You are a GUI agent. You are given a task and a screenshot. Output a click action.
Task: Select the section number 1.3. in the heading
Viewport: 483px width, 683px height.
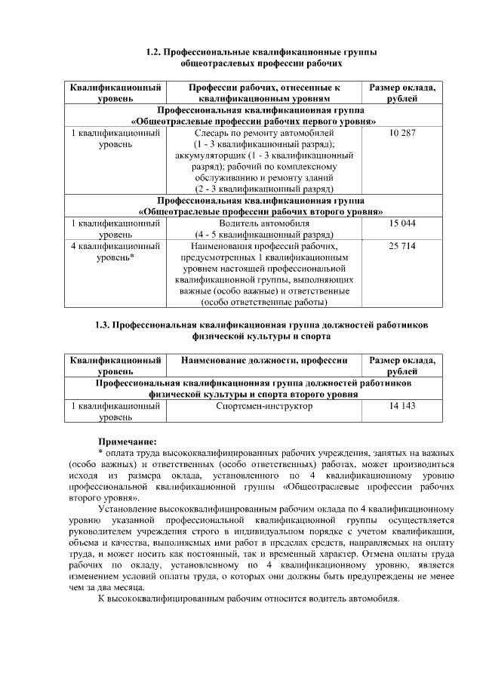103,325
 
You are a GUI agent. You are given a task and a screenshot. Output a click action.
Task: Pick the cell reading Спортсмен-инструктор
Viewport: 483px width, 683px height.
263,406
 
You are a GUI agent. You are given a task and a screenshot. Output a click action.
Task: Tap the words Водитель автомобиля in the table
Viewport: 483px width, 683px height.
264,224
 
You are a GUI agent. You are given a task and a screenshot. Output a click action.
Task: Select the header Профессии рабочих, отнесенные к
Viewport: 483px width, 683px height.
264,88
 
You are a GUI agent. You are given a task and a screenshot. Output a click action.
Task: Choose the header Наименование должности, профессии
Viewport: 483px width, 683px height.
263,361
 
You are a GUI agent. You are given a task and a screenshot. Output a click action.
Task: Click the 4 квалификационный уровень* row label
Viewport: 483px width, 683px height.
115,251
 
